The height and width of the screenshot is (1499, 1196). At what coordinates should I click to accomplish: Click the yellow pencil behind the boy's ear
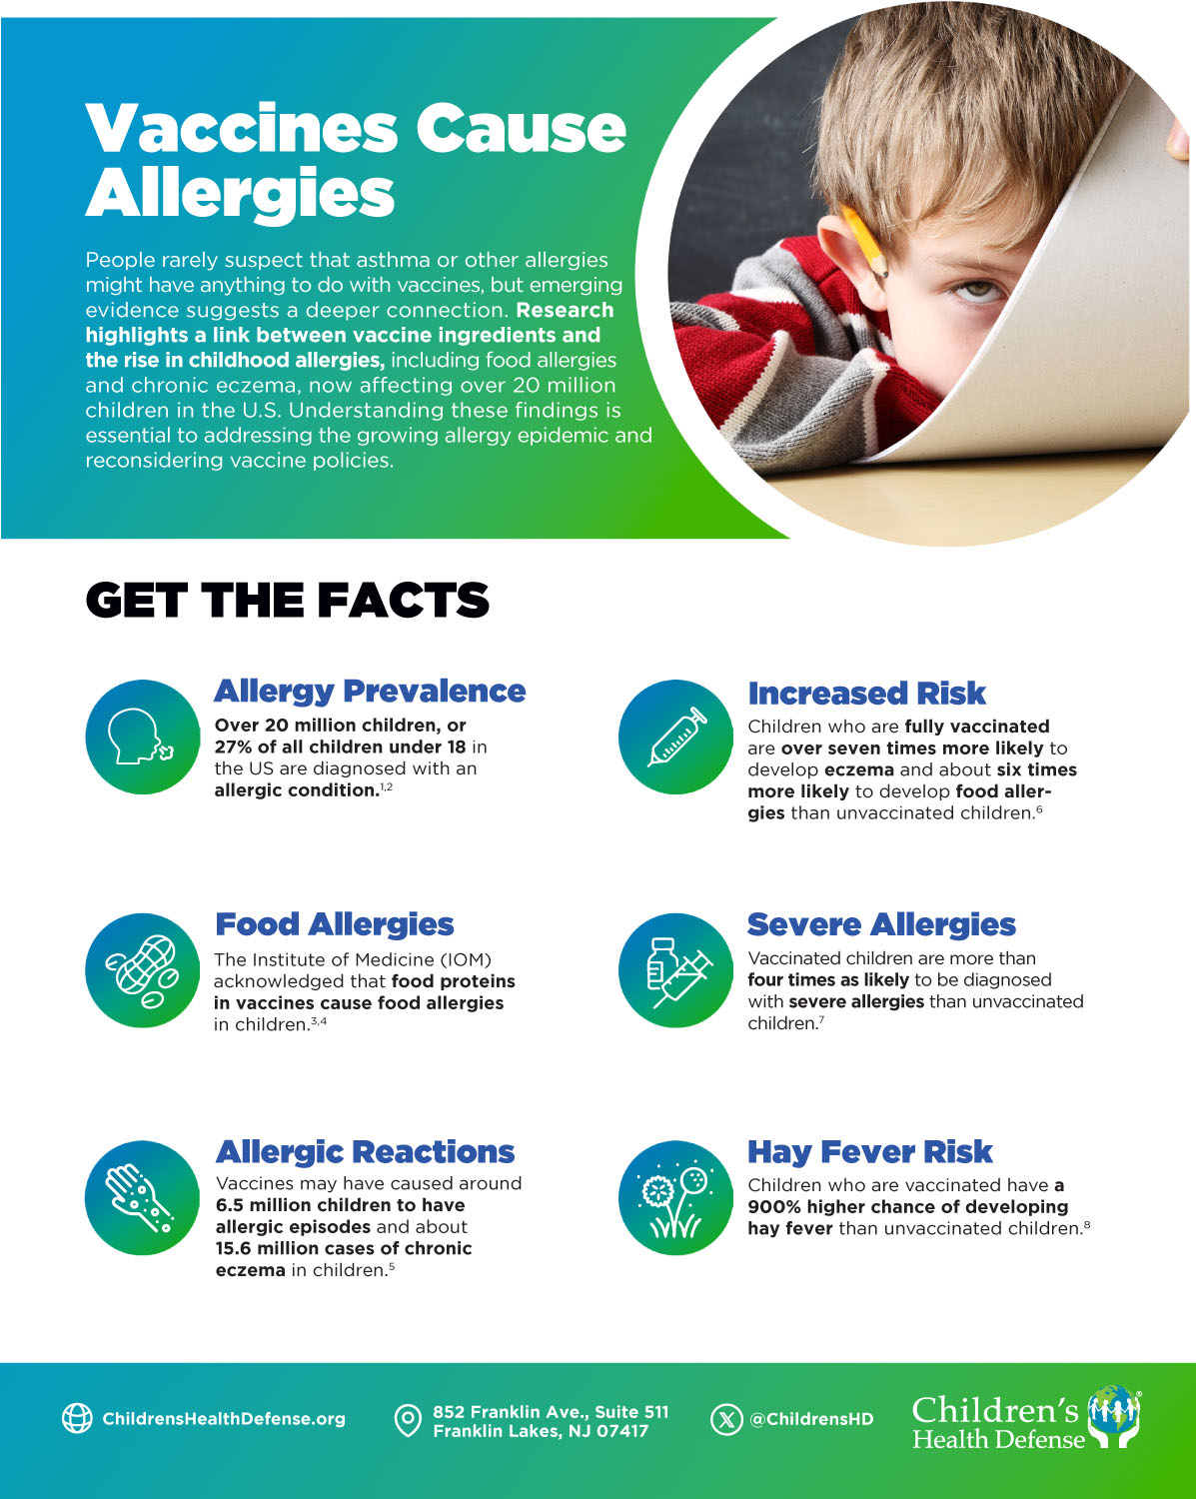(865, 241)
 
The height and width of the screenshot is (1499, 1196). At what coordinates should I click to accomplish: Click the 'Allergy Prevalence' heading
(370, 691)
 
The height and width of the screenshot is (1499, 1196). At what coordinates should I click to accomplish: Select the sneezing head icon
(142, 738)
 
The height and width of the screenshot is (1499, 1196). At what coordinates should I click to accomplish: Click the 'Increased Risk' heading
(866, 693)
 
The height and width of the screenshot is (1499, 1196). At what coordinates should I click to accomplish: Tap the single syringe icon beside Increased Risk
(676, 738)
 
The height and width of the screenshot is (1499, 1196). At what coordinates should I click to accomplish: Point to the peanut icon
(142, 970)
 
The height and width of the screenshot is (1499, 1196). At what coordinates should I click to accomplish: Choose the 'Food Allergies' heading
(335, 924)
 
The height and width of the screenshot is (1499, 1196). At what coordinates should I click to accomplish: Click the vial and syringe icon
(676, 970)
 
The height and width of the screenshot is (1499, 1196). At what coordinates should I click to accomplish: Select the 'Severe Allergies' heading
(881, 924)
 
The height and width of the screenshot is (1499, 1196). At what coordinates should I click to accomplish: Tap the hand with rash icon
(142, 1197)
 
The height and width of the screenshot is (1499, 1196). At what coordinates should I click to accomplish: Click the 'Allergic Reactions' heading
(365, 1151)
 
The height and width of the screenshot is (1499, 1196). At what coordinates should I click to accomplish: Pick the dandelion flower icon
(676, 1197)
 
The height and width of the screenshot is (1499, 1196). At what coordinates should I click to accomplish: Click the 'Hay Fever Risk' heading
(869, 1151)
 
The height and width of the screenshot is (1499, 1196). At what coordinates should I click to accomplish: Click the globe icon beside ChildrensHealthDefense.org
(77, 1418)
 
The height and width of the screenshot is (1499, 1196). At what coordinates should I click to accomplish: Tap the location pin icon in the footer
(408, 1420)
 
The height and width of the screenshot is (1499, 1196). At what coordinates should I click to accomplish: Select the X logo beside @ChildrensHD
(726, 1419)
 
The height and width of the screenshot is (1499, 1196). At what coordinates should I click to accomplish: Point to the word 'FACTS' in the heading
(404, 601)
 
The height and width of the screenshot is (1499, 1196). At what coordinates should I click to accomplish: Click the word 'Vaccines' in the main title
(242, 129)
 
